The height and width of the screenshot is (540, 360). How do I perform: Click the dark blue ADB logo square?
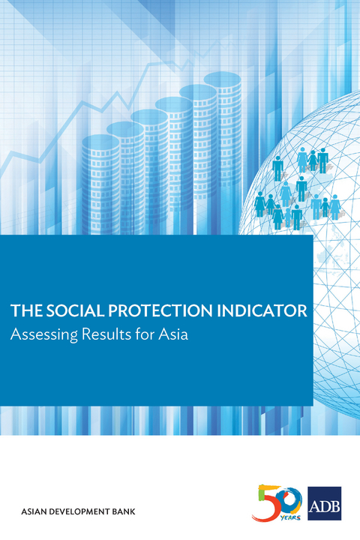click(325, 503)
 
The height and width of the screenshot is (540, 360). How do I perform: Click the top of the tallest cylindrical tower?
click(222, 77)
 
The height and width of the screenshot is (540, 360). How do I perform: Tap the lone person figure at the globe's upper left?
click(277, 168)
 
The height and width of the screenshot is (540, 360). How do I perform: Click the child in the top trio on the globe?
click(313, 161)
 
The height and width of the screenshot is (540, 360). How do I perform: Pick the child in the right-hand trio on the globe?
click(326, 207)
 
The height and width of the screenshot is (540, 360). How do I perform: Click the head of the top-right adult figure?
click(323, 151)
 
